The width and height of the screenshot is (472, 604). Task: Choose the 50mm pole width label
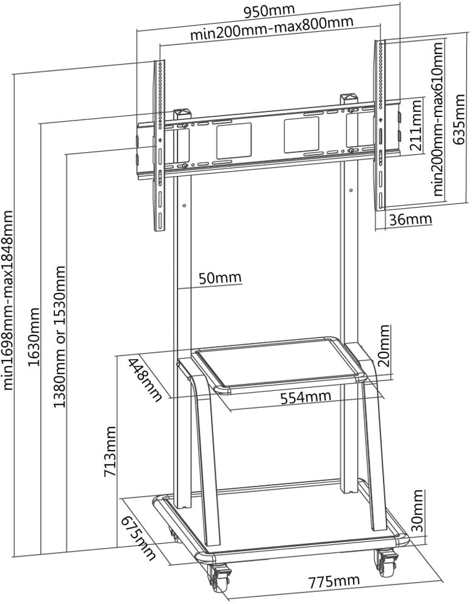(220, 278)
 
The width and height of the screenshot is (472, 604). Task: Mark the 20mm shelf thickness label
(384, 345)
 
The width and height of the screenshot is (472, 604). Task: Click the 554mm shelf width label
(306, 398)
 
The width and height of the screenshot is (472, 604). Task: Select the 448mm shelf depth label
(145, 379)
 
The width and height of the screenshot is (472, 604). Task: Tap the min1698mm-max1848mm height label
(8, 300)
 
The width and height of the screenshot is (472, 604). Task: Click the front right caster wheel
(387, 562)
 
